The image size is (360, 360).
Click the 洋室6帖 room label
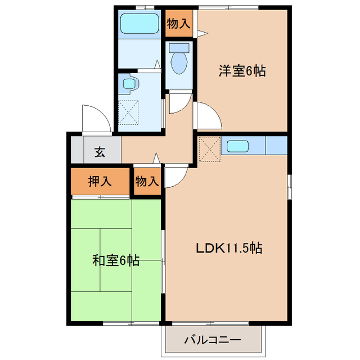242,71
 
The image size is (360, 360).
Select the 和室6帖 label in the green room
116,261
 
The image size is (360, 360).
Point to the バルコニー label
213,340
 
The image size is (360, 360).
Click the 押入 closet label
100,181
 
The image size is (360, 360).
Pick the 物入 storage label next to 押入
147,181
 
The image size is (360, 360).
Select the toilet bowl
179,61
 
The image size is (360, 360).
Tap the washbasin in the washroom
129,85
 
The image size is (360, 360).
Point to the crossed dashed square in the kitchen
208,148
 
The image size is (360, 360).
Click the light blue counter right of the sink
276,146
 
